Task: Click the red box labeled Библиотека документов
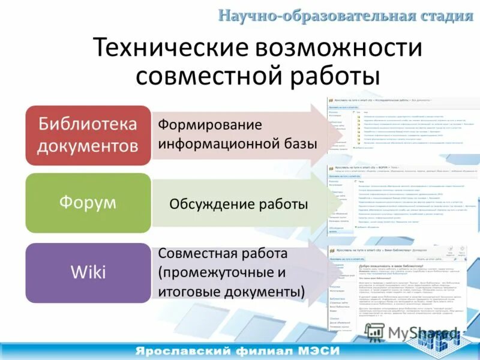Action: [x=88, y=135]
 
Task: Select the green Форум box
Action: [x=88, y=203]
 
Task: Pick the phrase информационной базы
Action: [x=238, y=144]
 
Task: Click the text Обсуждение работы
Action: [x=238, y=204]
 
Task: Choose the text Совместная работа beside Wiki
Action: [x=223, y=253]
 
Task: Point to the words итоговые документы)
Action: [x=232, y=292]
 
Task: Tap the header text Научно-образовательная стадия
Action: [x=345, y=15]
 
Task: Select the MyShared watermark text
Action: [x=414, y=332]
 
